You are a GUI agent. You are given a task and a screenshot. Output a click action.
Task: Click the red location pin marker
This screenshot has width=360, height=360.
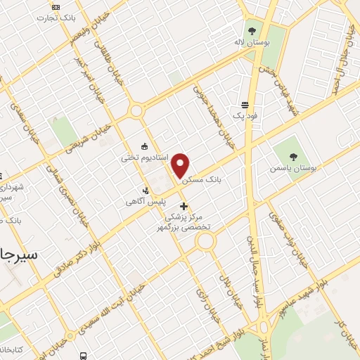coord(181,165)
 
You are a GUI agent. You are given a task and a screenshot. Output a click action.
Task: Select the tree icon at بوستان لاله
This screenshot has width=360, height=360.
coord(252,30)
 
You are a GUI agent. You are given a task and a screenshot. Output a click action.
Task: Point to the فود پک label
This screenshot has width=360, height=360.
coord(243,114)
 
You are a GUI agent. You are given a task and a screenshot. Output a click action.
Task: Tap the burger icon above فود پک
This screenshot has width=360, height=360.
coord(243,103)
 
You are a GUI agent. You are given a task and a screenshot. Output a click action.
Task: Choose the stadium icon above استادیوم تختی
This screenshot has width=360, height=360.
coord(145,146)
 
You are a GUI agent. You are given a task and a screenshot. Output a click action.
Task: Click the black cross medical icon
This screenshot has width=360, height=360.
coord(184,207)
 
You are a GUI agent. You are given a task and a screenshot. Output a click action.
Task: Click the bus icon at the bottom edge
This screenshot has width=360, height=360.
coord(84,356)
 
